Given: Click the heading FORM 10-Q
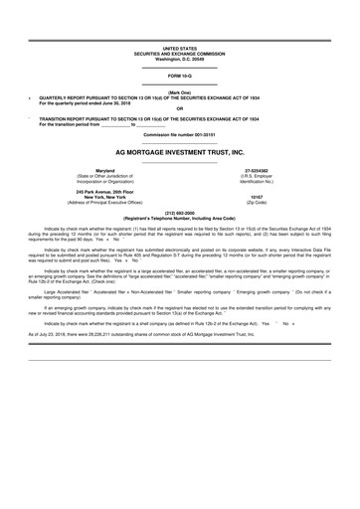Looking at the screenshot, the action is tap(180, 76).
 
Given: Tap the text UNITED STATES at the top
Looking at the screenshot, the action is tap(180, 48).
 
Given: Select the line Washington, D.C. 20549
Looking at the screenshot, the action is tap(180, 58).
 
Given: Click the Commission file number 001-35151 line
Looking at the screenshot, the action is tap(180, 133).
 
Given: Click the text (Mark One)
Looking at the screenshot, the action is tap(180, 91).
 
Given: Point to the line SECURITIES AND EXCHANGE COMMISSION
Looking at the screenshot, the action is tap(180, 53).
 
